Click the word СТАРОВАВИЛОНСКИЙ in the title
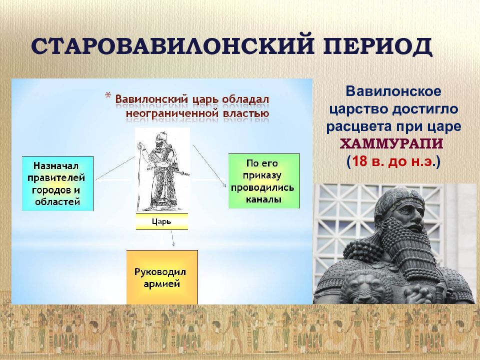coord(172,46)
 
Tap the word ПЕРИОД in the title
coord(378,46)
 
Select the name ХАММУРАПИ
coord(391,143)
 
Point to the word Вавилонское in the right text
coord(393,91)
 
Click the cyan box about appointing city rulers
coord(57,183)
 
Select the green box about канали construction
coord(264,181)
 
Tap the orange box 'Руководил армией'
coord(162,277)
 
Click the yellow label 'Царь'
coord(161,221)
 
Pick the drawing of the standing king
coord(162,170)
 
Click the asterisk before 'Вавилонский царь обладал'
coord(108,95)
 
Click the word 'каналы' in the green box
coord(263,199)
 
